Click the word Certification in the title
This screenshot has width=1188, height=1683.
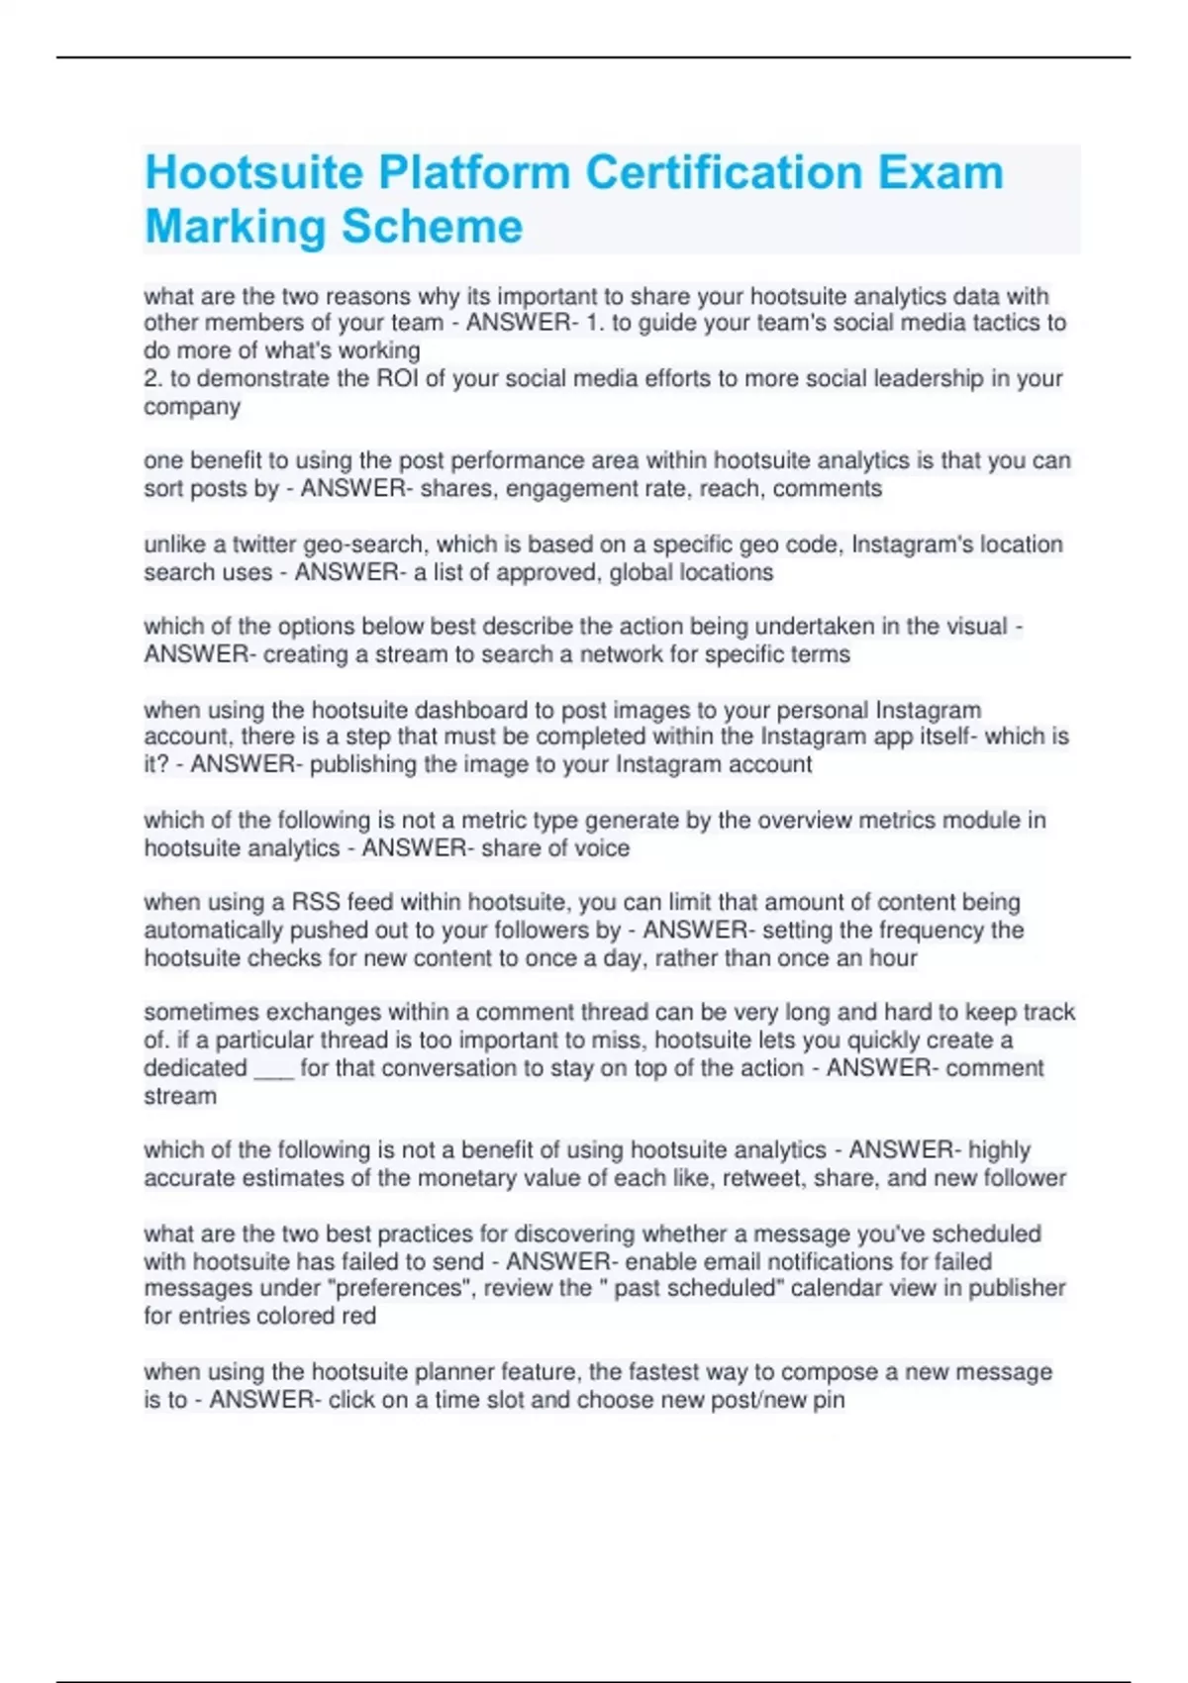click(722, 172)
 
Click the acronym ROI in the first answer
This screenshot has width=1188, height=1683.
click(398, 378)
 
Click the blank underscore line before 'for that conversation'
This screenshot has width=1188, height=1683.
click(273, 1069)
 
